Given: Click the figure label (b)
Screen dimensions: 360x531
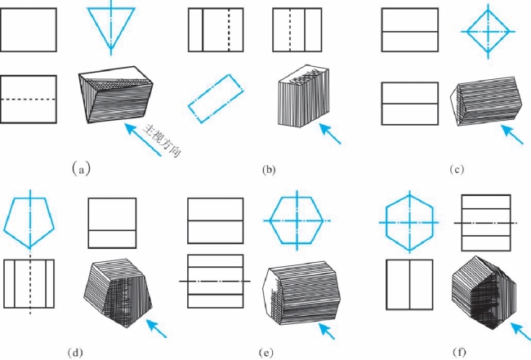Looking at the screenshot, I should pos(267,170).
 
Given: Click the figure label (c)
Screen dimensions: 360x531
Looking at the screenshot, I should pos(457,170).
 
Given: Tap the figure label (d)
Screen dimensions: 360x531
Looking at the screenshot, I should pos(76,353).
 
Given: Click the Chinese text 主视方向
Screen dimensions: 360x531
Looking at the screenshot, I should pos(161,141).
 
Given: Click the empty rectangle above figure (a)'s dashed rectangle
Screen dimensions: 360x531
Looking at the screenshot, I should pos(29,30).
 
